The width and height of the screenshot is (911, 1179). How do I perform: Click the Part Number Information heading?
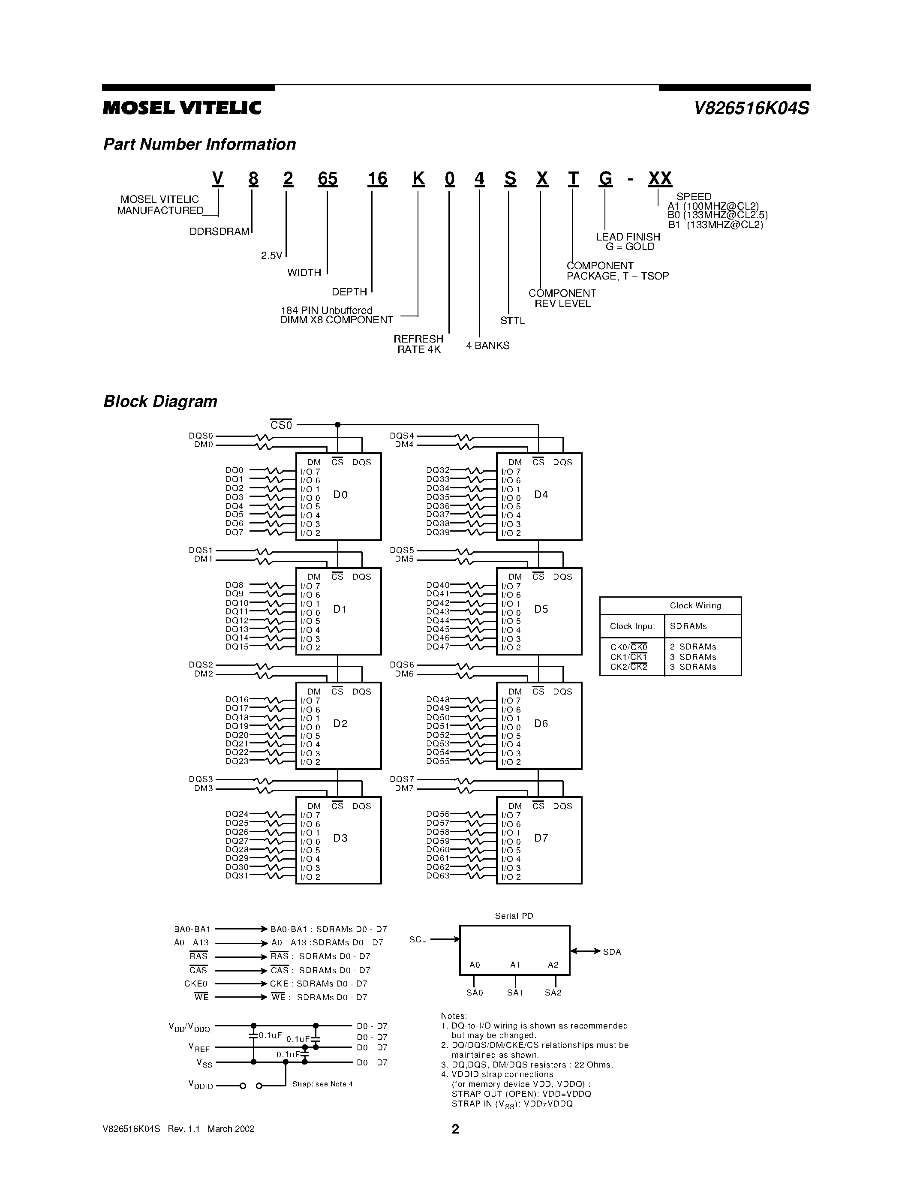[199, 144]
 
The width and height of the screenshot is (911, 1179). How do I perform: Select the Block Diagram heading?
[160, 402]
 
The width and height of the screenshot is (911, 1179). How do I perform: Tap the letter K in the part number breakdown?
[418, 178]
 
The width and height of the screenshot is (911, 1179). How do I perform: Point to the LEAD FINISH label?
[628, 237]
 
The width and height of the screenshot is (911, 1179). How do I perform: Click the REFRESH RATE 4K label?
[418, 344]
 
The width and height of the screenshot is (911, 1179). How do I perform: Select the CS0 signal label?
[281, 425]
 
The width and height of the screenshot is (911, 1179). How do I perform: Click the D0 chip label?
[340, 494]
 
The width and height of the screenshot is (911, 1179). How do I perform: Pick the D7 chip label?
[541, 838]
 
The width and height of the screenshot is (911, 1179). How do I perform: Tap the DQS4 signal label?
[402, 436]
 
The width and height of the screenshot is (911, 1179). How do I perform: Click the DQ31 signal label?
[237, 875]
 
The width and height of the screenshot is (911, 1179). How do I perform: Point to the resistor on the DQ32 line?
[475, 471]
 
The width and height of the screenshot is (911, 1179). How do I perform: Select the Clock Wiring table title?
[695, 606]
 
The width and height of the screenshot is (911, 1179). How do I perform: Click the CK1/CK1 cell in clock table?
[629, 657]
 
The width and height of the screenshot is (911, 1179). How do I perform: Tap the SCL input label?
[418, 939]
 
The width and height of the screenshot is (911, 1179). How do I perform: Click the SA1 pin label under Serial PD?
[515, 992]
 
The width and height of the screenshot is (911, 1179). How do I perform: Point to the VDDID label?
[200, 1084]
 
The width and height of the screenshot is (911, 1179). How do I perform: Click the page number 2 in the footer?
[455, 1129]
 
